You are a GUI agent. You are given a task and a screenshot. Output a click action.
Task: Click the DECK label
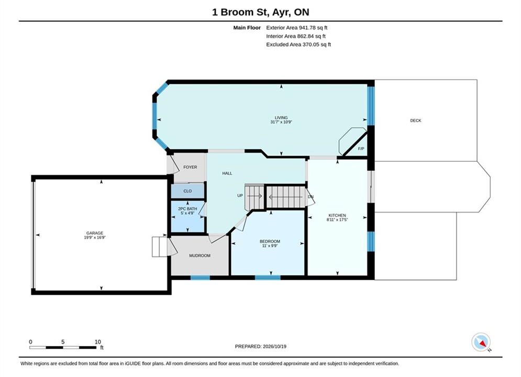415,120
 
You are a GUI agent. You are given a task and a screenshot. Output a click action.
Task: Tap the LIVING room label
281,118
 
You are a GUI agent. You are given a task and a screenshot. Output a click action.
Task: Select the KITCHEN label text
337,215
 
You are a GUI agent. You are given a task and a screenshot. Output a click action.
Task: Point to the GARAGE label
95,233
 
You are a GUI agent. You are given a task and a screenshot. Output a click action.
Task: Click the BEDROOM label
270,241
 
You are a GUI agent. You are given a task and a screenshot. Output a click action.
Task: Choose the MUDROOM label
199,256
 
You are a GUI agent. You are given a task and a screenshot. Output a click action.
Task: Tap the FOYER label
190,167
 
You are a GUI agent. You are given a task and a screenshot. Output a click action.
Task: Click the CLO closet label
187,191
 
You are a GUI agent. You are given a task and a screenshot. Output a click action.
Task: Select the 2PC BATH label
187,208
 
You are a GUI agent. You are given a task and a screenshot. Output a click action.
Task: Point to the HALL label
227,173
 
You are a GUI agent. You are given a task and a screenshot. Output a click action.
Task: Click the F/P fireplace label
361,149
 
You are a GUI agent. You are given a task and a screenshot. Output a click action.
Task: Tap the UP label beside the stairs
240,196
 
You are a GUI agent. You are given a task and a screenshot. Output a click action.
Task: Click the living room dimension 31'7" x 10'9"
281,122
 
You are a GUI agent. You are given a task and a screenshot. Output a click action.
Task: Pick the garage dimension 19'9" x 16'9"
95,238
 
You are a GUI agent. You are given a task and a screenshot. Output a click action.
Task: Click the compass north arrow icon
481,342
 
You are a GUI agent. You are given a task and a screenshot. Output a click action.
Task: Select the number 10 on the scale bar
98,342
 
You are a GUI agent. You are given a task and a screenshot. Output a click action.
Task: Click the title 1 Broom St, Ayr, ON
261,12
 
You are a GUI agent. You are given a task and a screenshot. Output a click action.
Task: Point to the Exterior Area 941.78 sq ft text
297,28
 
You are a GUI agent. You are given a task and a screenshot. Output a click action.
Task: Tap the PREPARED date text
261,346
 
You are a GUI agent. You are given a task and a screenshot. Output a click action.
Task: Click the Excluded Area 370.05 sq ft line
298,45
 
